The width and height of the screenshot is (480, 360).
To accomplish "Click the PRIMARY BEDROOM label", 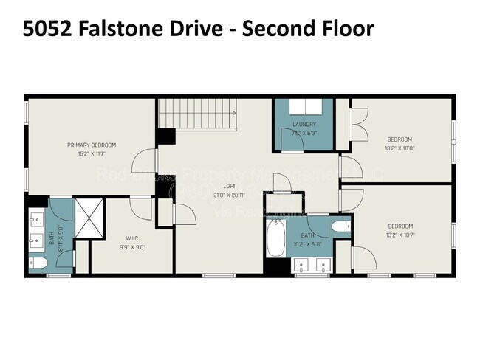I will (92, 145).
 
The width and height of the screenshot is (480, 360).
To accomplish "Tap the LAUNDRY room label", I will (304, 125).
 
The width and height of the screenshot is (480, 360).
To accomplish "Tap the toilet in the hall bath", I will (340, 226).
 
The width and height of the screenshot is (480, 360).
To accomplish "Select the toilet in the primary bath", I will (39, 261).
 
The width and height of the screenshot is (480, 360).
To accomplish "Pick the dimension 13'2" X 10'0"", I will (400, 148).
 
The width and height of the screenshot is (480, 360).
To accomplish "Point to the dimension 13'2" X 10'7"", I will (400, 235).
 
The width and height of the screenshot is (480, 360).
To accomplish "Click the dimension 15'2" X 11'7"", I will (92, 153).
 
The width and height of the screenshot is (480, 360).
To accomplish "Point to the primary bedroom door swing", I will (144, 159).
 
